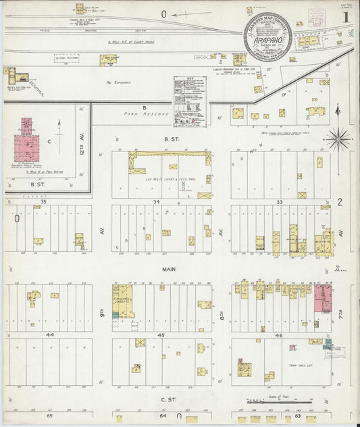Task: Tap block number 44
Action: click(49, 334)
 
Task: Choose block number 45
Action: click(161, 334)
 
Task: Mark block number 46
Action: click(280, 334)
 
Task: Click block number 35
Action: click(43, 201)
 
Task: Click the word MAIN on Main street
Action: click(169, 269)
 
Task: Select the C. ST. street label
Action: click(169, 400)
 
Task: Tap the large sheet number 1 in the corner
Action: click(346, 14)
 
